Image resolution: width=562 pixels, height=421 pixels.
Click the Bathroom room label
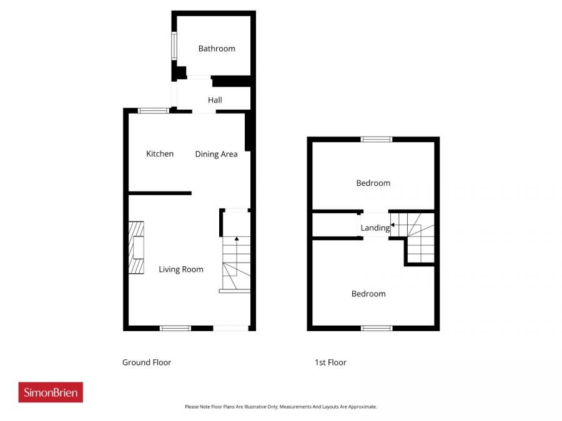pyautogui.click(x=217, y=49)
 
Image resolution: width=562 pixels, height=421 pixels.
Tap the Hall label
pyautogui.click(x=215, y=100)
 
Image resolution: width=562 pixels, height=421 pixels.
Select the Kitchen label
pyautogui.click(x=160, y=154)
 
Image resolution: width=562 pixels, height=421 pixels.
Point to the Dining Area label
pyautogui.click(x=216, y=154)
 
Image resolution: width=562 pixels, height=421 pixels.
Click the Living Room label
pyautogui.click(x=180, y=269)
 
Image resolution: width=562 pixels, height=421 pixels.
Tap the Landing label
pyautogui.click(x=375, y=228)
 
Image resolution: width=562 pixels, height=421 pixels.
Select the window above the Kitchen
pyautogui.click(x=154, y=110)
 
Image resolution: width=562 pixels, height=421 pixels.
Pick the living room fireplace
pyautogui.click(x=136, y=248)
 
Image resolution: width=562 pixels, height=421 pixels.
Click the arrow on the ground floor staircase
pyautogui.click(x=236, y=238)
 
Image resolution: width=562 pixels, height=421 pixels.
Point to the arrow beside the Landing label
pyautogui.click(x=393, y=225)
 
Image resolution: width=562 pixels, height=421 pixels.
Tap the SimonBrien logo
pyautogui.click(x=51, y=392)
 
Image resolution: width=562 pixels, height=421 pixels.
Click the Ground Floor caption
pyautogui.click(x=147, y=362)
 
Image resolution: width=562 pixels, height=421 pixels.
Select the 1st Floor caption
pyautogui.click(x=330, y=362)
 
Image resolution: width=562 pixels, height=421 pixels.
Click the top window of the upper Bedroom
pyautogui.click(x=377, y=139)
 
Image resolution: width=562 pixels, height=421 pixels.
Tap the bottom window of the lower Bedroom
pyautogui.click(x=377, y=327)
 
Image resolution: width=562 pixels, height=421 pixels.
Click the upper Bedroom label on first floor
pyautogui.click(x=373, y=183)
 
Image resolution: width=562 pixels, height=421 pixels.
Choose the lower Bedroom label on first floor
pyautogui.click(x=368, y=294)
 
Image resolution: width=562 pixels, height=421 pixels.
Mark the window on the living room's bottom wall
pyautogui.click(x=175, y=327)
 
